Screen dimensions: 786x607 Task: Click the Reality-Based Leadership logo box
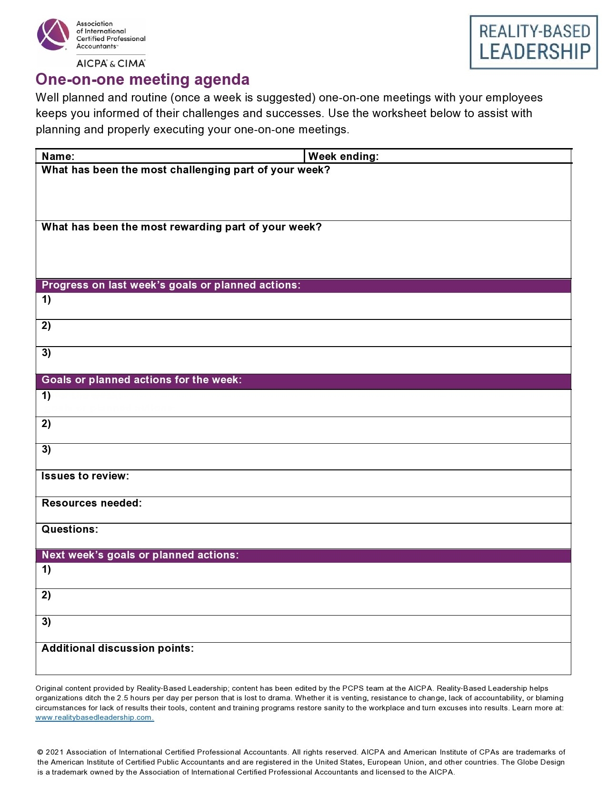pos(533,42)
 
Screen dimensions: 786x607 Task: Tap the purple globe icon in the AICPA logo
pos(53,34)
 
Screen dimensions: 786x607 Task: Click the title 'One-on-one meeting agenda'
pos(142,80)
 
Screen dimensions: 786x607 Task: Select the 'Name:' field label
pos(58,156)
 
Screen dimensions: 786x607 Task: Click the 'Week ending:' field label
pos(343,156)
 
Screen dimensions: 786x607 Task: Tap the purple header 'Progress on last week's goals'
pos(171,285)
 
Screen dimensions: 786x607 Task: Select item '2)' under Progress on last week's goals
pos(46,326)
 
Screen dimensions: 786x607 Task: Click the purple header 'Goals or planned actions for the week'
pos(141,380)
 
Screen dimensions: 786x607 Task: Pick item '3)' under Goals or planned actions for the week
pos(46,449)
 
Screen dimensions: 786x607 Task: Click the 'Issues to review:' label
pos(85,476)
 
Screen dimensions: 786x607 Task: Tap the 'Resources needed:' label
pos(91,503)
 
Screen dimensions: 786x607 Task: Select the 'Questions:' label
pos(70,529)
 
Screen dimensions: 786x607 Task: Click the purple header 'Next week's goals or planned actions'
pos(140,555)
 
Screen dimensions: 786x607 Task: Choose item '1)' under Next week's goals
pos(46,569)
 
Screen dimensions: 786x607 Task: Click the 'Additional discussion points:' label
pos(118,648)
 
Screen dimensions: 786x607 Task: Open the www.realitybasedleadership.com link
pos(94,717)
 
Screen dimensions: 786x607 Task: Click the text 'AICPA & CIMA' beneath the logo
pos(110,63)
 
